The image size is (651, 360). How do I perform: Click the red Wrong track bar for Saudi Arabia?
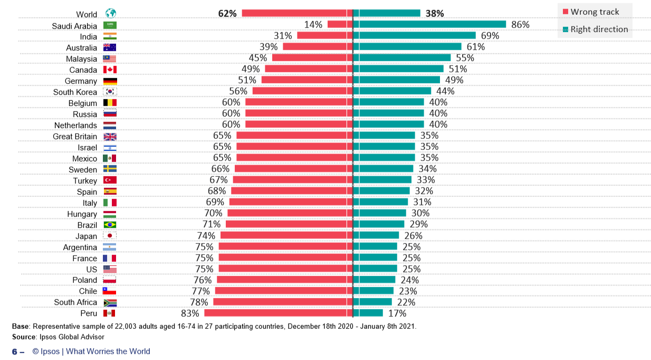pyautogui.click(x=340, y=24)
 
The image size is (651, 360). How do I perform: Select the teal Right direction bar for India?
pyautogui.click(x=414, y=35)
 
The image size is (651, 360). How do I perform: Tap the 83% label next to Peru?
pyautogui.click(x=190, y=313)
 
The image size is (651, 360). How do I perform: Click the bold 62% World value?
pyautogui.click(x=227, y=13)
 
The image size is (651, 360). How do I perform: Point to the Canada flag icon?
pyautogui.click(x=110, y=70)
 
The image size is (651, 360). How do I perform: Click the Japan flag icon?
pyautogui.click(x=110, y=236)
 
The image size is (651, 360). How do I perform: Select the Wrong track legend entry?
pyautogui.click(x=591, y=12)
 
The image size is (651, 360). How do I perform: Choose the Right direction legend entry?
pyautogui.click(x=595, y=29)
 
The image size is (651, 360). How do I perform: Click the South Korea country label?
pyautogui.click(x=75, y=92)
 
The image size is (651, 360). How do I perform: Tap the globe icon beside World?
pyautogui.click(x=110, y=13)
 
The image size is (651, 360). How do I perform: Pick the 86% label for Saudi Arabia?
pyautogui.click(x=520, y=24)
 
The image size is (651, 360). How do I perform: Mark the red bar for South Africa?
pyautogui.click(x=282, y=302)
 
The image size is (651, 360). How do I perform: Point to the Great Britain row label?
pyautogui.click(x=75, y=136)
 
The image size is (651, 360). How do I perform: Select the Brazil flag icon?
pyautogui.click(x=110, y=225)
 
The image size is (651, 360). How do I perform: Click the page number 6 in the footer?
pyautogui.click(x=15, y=352)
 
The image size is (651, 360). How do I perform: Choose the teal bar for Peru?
pyautogui.click(x=368, y=313)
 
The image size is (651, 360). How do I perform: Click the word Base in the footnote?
pyautogui.click(x=21, y=326)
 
